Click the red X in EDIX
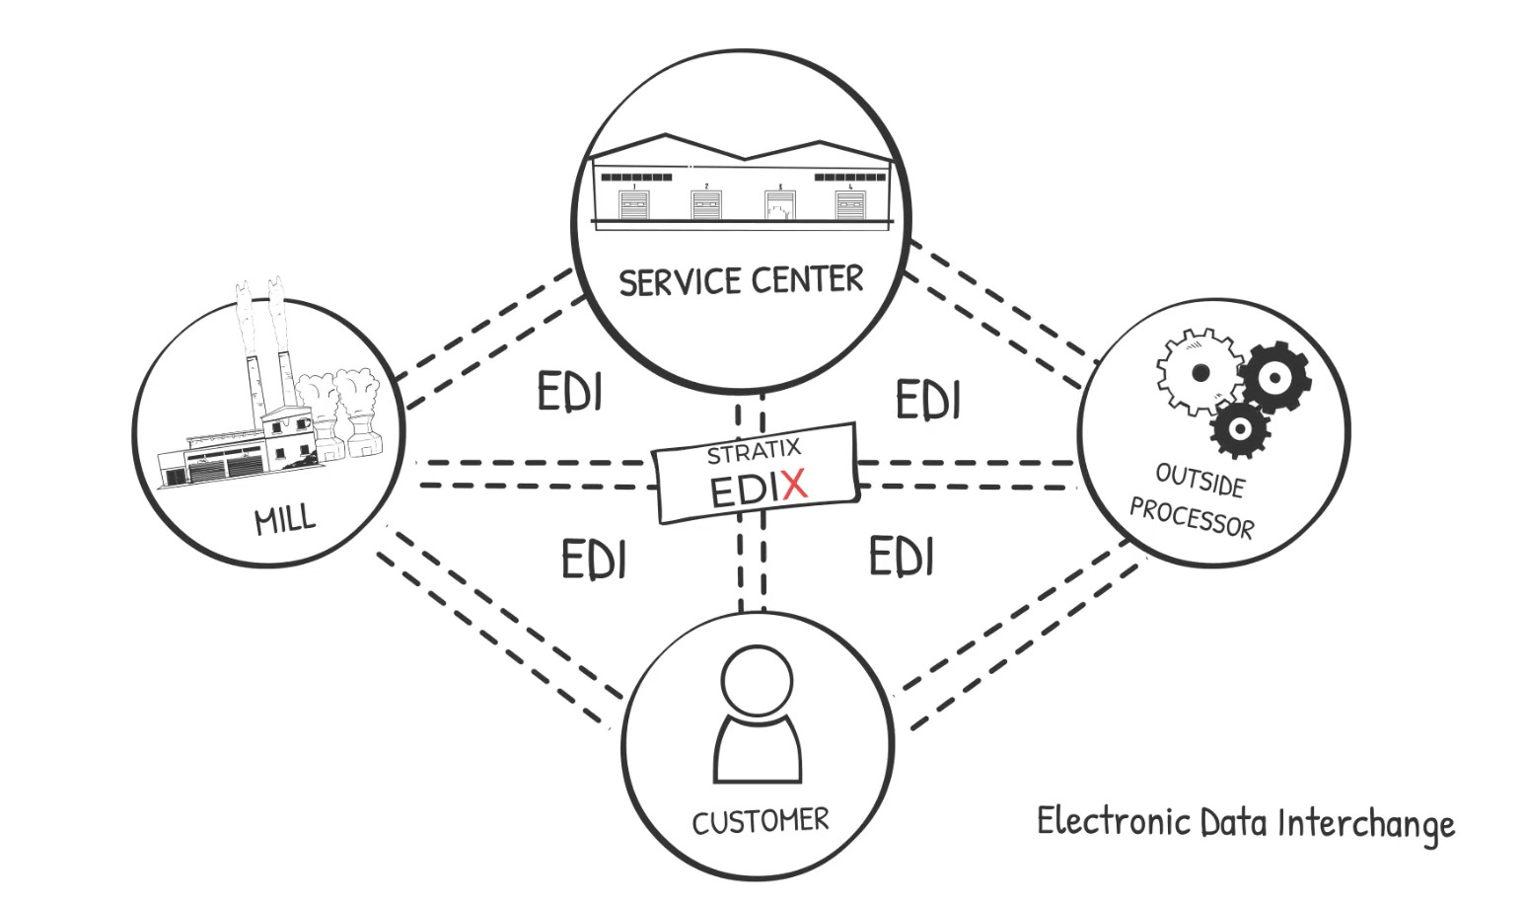[x=789, y=485]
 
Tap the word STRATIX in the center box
[x=754, y=452]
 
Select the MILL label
[x=285, y=519]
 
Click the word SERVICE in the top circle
[x=678, y=283]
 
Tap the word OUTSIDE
[x=1199, y=481]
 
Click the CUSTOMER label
[x=760, y=821]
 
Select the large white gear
[x=1199, y=373]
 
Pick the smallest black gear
[x=1239, y=429]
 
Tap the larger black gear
[x=1274, y=378]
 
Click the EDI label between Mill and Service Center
[x=569, y=392]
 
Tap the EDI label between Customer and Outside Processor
[x=901, y=557]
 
